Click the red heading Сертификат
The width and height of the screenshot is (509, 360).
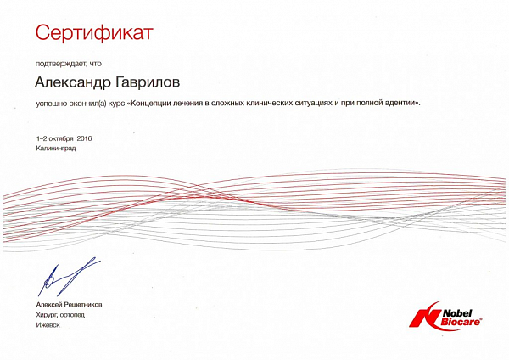(94, 33)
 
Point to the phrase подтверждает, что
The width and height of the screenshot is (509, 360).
(69, 64)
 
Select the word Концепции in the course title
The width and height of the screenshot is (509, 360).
(149, 104)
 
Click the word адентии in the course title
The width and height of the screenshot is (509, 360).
(401, 104)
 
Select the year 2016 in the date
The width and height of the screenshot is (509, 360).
(84, 138)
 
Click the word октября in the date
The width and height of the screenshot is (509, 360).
(63, 139)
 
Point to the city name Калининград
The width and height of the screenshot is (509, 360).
(56, 149)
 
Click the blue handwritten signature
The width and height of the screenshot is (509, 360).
(68, 277)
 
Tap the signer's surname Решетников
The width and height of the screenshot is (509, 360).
(83, 305)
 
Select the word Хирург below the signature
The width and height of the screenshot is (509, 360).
(48, 315)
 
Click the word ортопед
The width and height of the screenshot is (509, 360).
(72, 315)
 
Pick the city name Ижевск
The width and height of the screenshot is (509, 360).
(48, 325)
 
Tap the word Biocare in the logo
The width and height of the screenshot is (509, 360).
(460, 322)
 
